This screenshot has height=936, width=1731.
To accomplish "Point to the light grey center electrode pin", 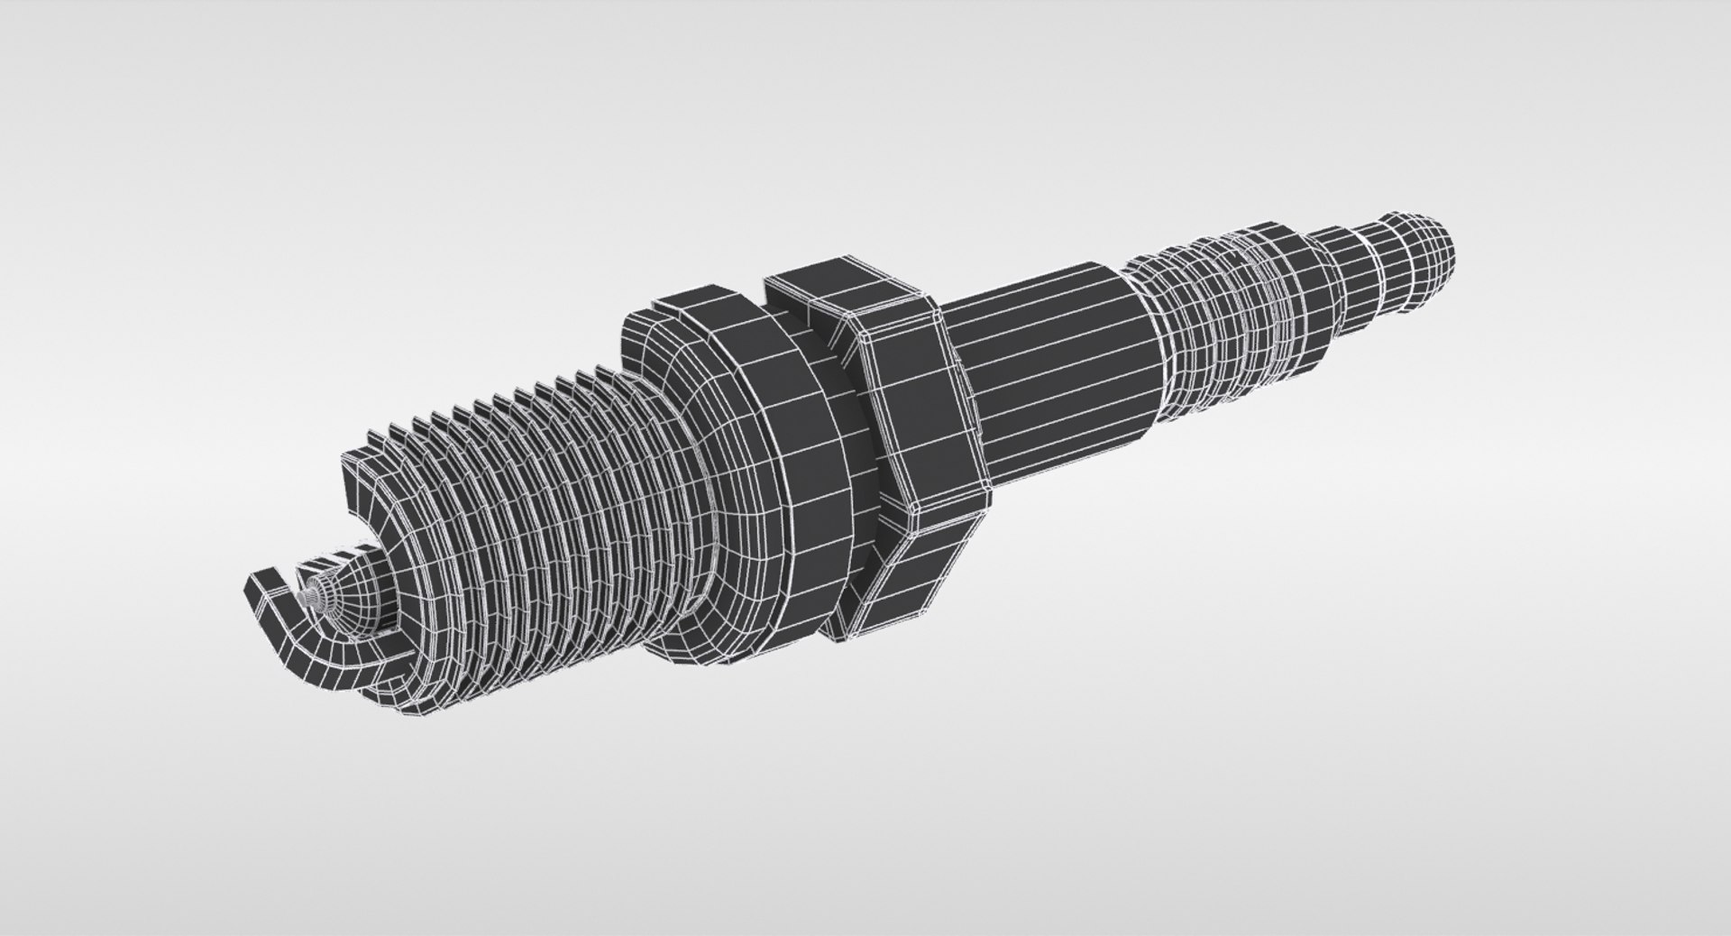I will tap(312, 595).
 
